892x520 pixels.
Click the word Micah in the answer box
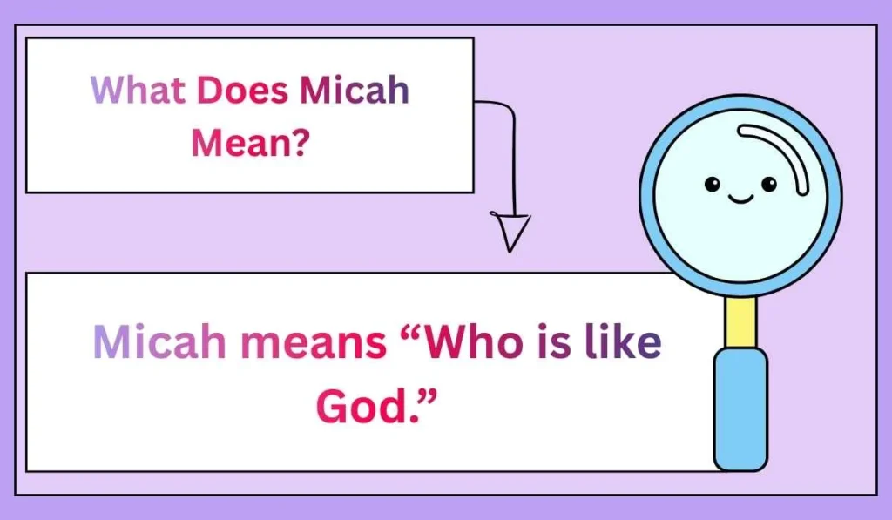161,343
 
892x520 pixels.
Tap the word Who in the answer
475,343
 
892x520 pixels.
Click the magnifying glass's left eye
713,184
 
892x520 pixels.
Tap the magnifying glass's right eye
768,184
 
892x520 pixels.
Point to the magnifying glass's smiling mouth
740,199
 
